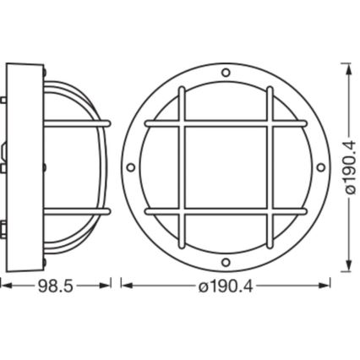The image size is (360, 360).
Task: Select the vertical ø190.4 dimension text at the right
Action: (x=347, y=166)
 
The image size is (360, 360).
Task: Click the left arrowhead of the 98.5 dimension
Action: (x=3, y=286)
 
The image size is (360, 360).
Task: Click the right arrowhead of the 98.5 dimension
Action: (x=110, y=286)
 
